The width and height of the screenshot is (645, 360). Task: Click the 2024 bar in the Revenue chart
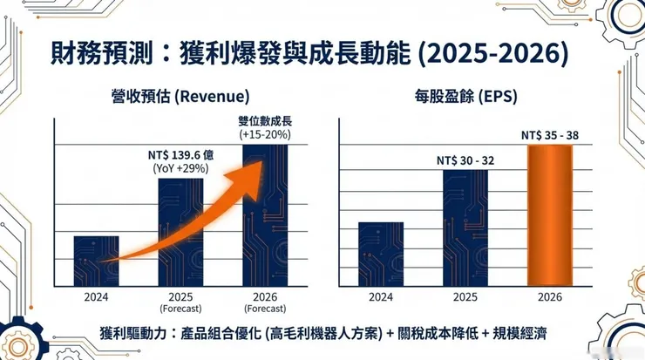[x=96, y=261]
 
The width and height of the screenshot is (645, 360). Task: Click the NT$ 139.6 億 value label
[x=180, y=154]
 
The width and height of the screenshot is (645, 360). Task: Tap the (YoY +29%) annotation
[x=180, y=168]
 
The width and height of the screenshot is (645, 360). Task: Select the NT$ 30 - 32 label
[x=465, y=160]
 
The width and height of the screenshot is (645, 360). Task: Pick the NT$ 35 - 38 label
[x=549, y=135]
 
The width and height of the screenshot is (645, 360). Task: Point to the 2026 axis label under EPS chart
[x=549, y=296]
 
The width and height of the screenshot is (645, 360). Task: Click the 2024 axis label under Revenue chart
[x=96, y=296]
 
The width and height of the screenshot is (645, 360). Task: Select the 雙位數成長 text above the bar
[x=264, y=121]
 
